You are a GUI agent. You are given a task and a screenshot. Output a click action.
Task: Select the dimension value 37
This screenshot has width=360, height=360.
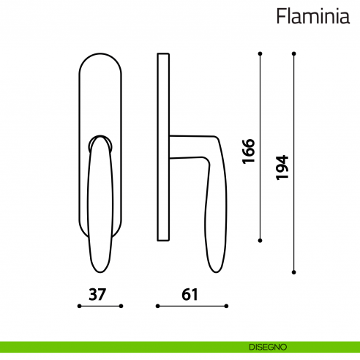pyautogui.click(x=99, y=295)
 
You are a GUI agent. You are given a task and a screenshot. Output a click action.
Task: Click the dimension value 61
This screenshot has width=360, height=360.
pyautogui.click(x=191, y=295)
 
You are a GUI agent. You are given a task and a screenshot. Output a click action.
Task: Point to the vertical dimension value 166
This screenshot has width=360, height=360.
pyautogui.click(x=248, y=150)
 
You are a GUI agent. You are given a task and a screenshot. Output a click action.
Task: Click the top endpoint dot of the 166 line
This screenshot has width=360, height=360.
pyautogui.click(x=260, y=53)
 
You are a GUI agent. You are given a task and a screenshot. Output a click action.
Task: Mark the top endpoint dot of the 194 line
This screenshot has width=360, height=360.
pyautogui.click(x=293, y=53)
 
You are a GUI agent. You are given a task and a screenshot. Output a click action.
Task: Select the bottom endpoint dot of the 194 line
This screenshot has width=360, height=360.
pyautogui.click(x=293, y=272)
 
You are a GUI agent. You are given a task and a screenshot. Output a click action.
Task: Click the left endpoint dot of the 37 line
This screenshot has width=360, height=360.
pyautogui.click(x=78, y=307)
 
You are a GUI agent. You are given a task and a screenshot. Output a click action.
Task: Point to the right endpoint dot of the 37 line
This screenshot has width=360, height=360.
pyautogui.click(x=121, y=307)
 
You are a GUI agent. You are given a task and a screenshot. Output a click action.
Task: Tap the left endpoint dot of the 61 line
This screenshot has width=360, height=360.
pyautogui.click(x=157, y=307)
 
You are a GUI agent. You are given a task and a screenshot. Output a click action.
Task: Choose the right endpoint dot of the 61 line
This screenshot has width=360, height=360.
pyautogui.click(x=226, y=307)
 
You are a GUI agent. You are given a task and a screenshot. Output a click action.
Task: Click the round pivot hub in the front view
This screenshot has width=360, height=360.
pyautogui.click(x=100, y=141)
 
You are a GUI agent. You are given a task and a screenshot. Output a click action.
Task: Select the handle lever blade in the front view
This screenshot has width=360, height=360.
pyautogui.click(x=100, y=212)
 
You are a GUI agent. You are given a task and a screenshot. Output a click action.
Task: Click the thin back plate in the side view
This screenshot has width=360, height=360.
pyautogui.click(x=163, y=146)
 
